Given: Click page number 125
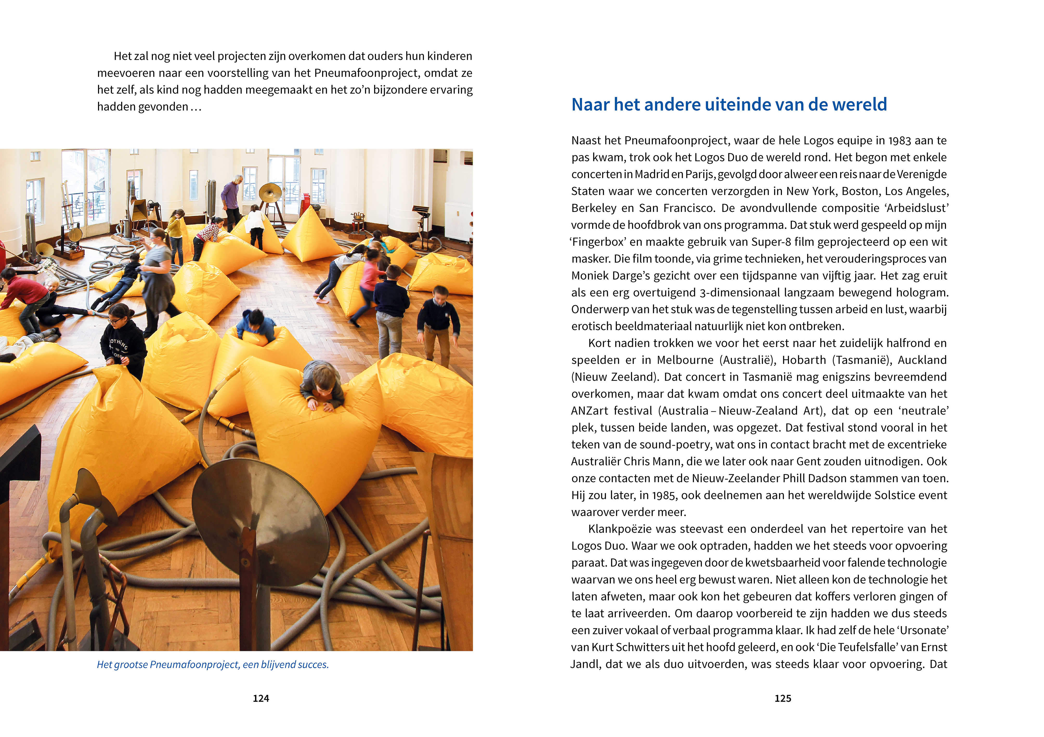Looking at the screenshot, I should click(782, 698).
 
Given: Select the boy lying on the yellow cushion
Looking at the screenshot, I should click(322, 384).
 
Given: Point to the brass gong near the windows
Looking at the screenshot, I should click(270, 193).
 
